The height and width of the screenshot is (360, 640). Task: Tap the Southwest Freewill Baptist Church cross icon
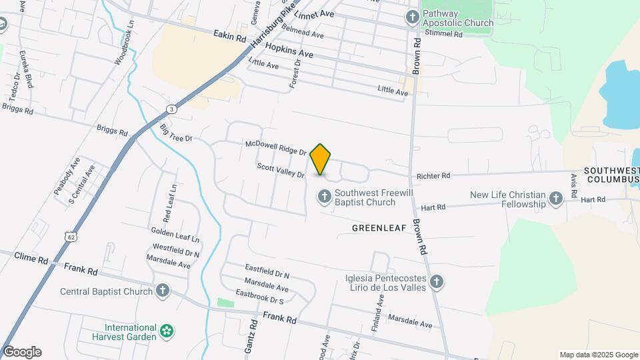pos(324,197)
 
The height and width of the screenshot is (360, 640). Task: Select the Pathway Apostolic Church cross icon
pos(412,17)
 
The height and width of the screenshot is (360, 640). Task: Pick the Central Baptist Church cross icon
pos(163,291)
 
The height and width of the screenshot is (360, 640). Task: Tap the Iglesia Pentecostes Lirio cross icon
pos(437,282)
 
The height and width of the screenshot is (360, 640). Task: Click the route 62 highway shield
pos(70,236)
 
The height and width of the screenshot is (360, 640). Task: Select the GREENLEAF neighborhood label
pos(379,228)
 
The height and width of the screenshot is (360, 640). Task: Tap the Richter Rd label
pos(433,176)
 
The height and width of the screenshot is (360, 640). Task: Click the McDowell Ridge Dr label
pos(275,147)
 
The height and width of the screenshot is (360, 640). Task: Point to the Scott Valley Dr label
pos(281,170)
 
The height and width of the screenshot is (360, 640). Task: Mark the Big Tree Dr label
pos(176,133)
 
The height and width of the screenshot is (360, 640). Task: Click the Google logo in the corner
pos(22,352)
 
